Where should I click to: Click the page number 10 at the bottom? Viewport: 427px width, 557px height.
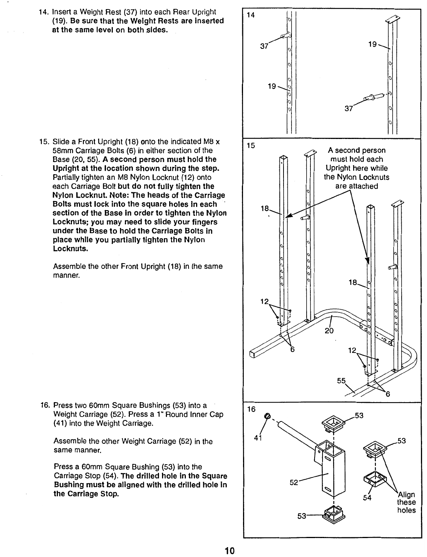click(x=230, y=551)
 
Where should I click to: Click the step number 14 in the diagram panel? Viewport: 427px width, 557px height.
click(x=251, y=15)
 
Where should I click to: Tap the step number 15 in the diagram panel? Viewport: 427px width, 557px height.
click(x=251, y=145)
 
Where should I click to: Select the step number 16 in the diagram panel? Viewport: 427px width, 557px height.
click(x=251, y=409)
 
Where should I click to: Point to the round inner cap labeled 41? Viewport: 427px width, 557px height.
click(x=268, y=416)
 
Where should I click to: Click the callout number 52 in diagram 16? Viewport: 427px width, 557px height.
click(x=294, y=482)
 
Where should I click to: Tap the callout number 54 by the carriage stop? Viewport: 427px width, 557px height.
click(x=366, y=498)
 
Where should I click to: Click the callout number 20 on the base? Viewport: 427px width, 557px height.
click(x=329, y=331)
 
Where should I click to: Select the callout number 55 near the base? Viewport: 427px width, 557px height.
click(x=341, y=381)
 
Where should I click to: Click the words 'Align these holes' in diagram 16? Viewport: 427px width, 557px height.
click(x=406, y=502)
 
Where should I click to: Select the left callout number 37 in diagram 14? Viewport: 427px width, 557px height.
click(x=264, y=46)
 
